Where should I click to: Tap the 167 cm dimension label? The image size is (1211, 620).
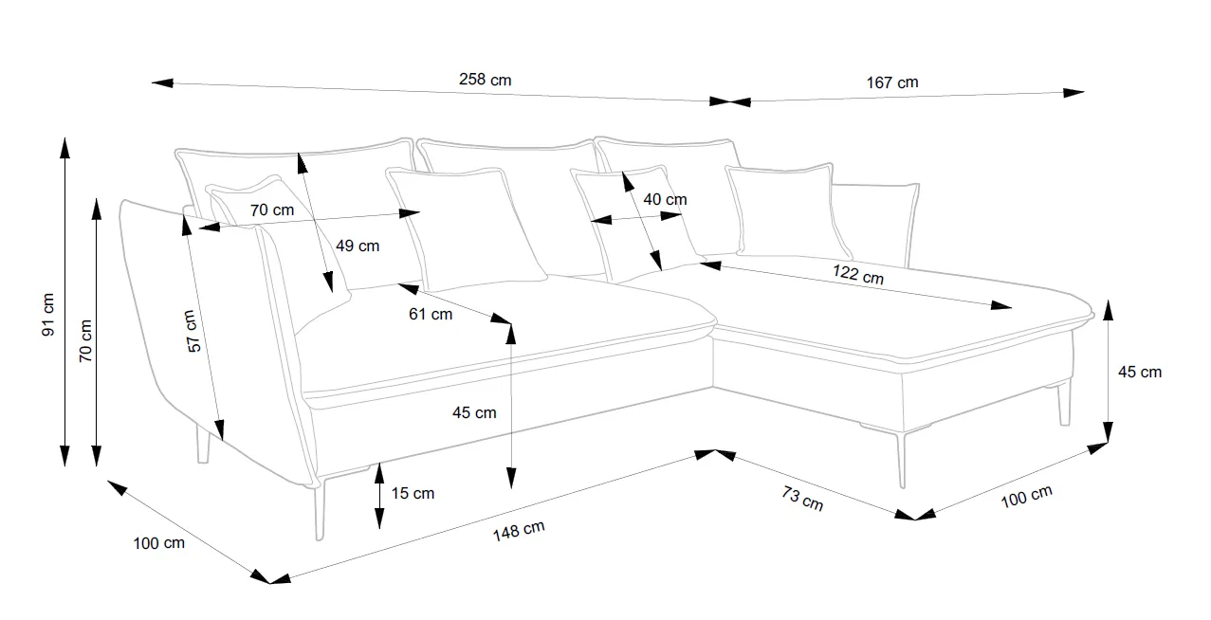(891, 82)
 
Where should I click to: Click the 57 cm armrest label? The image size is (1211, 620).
(193, 332)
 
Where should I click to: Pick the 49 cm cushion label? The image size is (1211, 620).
(358, 246)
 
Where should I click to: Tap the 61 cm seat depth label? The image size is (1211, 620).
(431, 314)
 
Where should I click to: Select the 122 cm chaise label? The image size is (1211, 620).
(858, 275)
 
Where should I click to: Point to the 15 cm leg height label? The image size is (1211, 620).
(413, 493)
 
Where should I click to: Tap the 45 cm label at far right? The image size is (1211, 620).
(1139, 372)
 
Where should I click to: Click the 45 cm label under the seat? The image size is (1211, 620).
(473, 412)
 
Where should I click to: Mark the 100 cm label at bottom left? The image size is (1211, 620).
(159, 543)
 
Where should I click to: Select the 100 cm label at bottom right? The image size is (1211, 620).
(1027, 497)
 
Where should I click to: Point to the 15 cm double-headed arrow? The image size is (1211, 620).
(378, 494)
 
